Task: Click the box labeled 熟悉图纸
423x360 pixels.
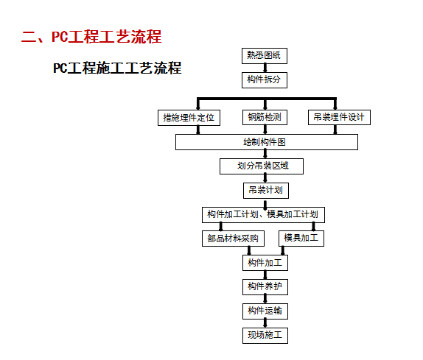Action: [265, 56]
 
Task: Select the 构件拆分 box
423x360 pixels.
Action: [265, 80]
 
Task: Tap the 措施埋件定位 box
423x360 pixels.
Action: [189, 118]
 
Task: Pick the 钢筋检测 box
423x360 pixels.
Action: [265, 117]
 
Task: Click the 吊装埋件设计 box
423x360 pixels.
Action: [339, 117]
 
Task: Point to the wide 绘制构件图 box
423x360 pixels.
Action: [267, 142]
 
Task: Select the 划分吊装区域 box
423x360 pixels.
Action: [262, 166]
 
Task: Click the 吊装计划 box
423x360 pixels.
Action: [266, 191]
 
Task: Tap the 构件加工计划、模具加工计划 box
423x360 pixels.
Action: [263, 215]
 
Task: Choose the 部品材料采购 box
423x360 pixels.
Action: [233, 239]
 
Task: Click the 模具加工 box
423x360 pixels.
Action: [301, 239]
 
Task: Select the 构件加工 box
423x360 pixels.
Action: [265, 263]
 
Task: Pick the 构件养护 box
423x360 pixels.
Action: [265, 287]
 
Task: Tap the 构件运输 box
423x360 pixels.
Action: [265, 311]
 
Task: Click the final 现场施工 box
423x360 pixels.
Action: [265, 336]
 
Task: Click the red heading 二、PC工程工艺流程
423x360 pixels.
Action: [91, 36]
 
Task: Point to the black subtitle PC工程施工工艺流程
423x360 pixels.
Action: [117, 68]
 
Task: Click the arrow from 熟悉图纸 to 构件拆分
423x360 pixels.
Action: [265, 68]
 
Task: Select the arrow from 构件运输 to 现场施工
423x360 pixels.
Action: [265, 323]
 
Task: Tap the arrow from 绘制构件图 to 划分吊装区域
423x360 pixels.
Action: [265, 154]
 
